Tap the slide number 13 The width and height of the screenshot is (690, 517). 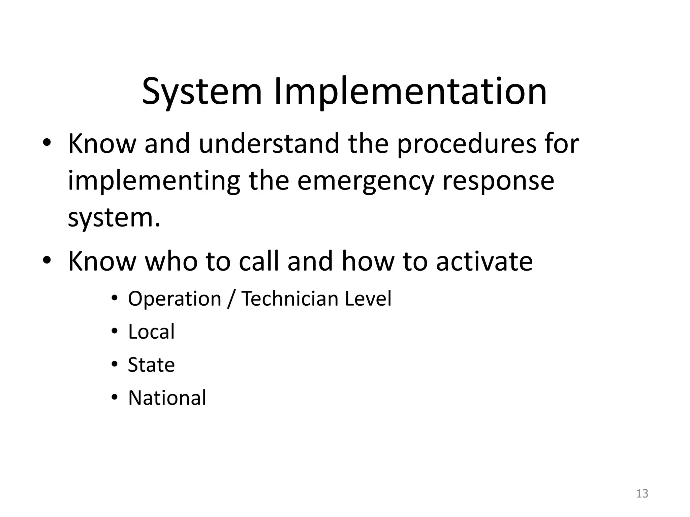click(x=642, y=493)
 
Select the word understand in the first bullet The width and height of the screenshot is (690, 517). click(x=269, y=144)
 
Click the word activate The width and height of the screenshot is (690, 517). click(x=484, y=261)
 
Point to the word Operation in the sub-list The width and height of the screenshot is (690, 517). click(x=175, y=299)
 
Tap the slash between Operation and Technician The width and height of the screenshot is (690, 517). click(x=230, y=299)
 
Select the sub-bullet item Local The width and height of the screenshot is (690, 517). click(x=151, y=332)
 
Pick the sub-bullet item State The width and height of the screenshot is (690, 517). click(x=151, y=365)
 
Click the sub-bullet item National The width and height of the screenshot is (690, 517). click(x=167, y=398)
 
